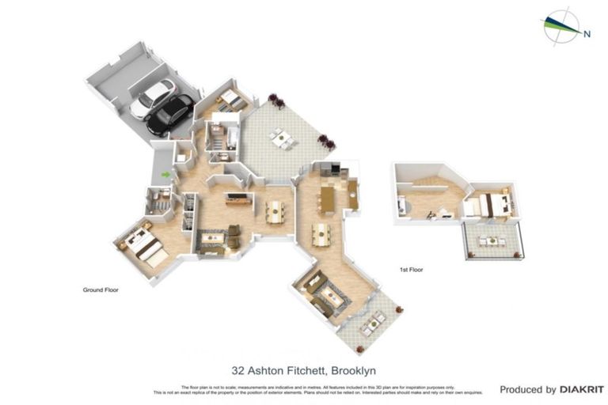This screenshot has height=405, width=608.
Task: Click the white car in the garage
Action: (152, 100)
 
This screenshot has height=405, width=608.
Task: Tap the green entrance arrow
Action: (165, 174)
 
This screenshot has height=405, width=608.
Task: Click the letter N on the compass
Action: (587, 33)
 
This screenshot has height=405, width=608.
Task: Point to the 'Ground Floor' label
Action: (101, 290)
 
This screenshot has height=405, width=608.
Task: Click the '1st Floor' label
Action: (411, 270)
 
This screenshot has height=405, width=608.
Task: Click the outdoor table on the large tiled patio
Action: (282, 138)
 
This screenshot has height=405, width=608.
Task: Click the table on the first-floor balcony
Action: (492, 241)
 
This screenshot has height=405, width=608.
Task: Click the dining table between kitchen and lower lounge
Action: (320, 234)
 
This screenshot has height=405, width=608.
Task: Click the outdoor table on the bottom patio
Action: (370, 323)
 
